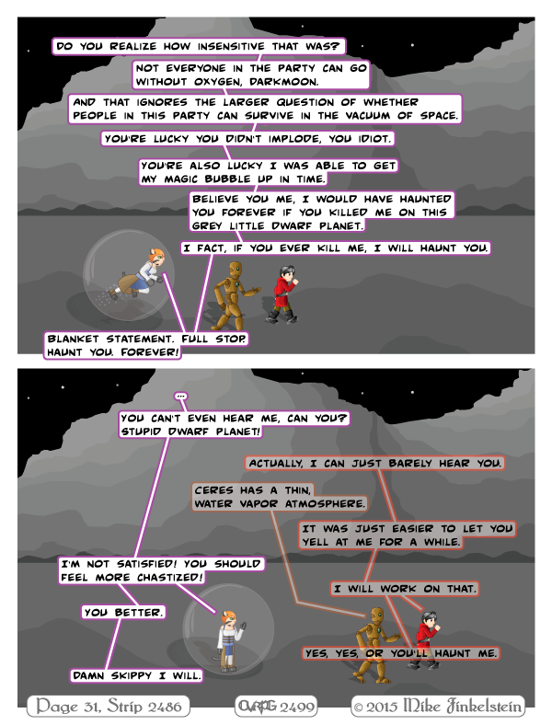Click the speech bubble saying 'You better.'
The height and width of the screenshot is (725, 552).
(123, 612)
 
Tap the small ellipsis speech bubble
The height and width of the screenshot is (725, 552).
(180, 397)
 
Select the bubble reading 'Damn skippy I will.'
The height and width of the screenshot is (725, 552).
(137, 675)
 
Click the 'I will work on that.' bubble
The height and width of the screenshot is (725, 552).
(405, 589)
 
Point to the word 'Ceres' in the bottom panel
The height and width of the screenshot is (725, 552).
(213, 490)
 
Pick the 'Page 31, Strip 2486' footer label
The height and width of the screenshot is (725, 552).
(109, 706)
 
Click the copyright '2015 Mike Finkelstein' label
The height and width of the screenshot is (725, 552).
(438, 706)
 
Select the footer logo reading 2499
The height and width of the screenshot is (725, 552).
(276, 706)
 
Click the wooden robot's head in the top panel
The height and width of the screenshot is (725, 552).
(236, 270)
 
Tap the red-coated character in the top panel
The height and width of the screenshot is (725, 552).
(284, 293)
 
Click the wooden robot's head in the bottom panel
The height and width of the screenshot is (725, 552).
(377, 616)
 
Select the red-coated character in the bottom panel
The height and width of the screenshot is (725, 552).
(426, 640)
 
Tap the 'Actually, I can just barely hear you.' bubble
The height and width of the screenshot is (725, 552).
(374, 464)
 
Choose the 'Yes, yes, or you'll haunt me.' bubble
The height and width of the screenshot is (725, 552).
(400, 653)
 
